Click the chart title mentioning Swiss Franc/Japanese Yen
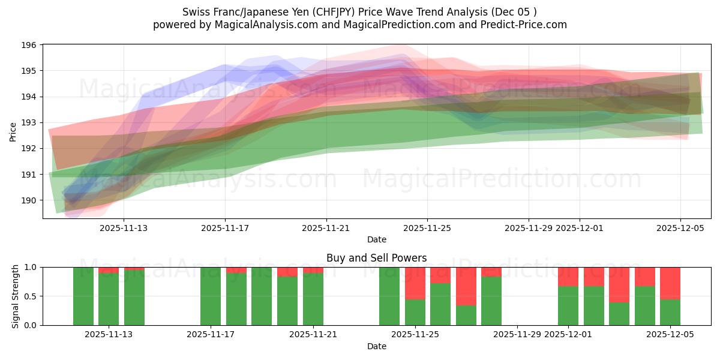click(x=359, y=12)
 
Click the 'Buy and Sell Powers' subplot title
click(x=376, y=258)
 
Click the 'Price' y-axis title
click(x=13, y=131)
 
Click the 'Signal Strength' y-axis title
click(x=16, y=296)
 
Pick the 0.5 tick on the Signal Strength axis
click(x=29, y=296)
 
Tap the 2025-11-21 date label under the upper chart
click(x=326, y=228)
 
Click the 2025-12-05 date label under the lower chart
click(x=670, y=335)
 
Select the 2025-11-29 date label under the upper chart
click(x=529, y=228)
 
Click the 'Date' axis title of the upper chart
click(x=376, y=239)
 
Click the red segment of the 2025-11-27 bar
click(x=466, y=286)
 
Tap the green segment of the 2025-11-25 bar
click(x=415, y=312)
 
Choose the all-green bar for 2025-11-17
click(x=211, y=296)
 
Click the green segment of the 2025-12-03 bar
click(x=619, y=314)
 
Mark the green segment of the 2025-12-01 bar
click(x=568, y=306)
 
